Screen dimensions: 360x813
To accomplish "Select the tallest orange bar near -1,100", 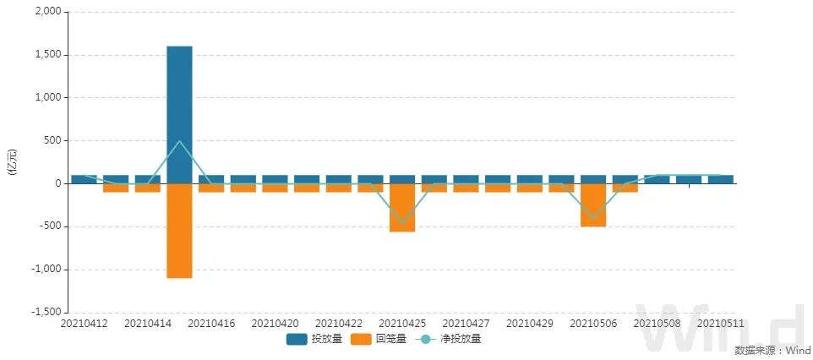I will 179,231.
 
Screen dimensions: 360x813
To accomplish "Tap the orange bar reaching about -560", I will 402,208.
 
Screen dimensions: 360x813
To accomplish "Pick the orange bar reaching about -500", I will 593,205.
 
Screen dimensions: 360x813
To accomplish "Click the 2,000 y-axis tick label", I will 48,12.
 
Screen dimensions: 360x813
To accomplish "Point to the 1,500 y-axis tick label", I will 48,55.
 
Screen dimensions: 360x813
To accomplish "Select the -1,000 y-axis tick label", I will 46,270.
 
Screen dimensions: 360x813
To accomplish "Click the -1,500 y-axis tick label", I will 46,312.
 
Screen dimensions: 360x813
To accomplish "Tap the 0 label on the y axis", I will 57,183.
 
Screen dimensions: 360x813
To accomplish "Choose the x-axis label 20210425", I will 402,324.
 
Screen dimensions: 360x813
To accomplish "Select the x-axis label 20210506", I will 593,324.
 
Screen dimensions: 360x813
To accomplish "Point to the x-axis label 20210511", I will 720,324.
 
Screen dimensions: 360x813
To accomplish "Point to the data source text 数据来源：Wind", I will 772,351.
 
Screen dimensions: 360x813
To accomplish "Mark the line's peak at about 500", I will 179,141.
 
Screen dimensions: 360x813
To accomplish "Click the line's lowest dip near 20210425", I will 402,223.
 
